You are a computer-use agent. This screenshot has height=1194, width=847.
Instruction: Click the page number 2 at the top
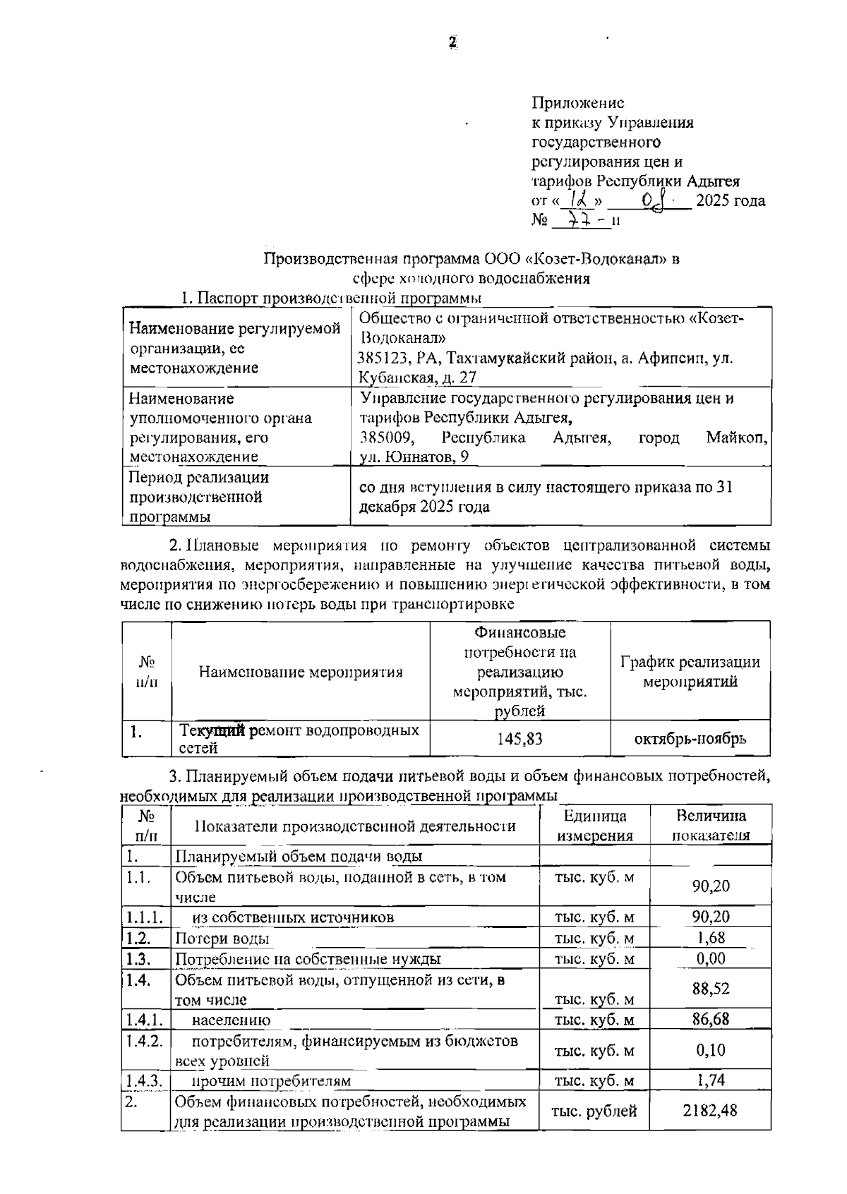[452, 42]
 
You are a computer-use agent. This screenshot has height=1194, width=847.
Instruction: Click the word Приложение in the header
[577, 103]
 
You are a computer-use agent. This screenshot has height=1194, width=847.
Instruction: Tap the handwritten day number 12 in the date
[577, 200]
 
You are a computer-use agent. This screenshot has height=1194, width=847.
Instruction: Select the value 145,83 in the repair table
[519, 739]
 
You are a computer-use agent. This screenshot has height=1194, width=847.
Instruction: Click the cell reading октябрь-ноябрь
[690, 739]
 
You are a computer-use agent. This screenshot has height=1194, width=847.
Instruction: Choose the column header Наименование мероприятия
[301, 672]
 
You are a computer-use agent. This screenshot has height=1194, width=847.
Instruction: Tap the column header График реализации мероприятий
[690, 672]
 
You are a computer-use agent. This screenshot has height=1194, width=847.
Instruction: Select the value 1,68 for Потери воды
[710, 938]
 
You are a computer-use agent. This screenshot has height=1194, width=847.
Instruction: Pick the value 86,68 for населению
[710, 1018]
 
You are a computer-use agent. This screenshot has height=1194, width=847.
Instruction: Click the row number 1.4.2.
[145, 1041]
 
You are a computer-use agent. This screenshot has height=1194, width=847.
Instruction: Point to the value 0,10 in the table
[710, 1050]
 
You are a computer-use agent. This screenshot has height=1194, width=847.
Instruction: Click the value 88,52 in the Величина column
[710, 989]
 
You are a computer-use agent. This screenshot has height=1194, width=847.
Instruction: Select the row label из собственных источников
[293, 917]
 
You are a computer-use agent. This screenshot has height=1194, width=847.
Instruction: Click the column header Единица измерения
[595, 826]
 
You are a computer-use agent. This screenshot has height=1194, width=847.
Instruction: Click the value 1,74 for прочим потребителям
[710, 1080]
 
